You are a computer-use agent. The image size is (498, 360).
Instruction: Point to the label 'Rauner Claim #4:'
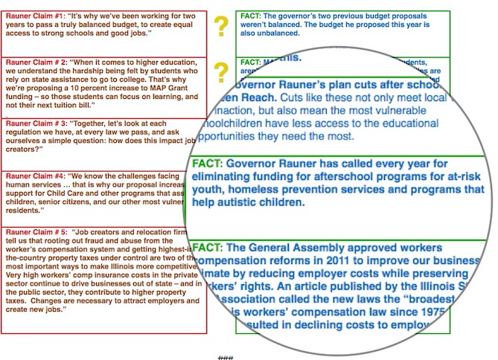31,176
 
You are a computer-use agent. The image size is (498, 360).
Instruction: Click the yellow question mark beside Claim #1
220,28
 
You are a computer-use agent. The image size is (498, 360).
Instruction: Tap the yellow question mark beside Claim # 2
220,72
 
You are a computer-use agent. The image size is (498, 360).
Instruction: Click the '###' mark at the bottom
225,358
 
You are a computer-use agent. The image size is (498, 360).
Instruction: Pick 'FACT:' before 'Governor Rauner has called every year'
208,163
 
